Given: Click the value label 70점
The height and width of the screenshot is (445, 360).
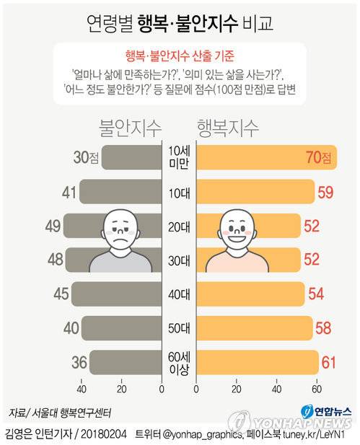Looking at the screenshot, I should point(317,157).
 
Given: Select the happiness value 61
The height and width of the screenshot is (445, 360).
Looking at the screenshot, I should point(330,362).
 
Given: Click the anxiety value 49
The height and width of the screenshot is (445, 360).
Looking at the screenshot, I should point(52,226).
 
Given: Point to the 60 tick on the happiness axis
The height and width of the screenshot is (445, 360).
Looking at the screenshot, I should point(316,390).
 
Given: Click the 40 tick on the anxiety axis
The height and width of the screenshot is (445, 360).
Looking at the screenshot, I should point(81,390).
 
